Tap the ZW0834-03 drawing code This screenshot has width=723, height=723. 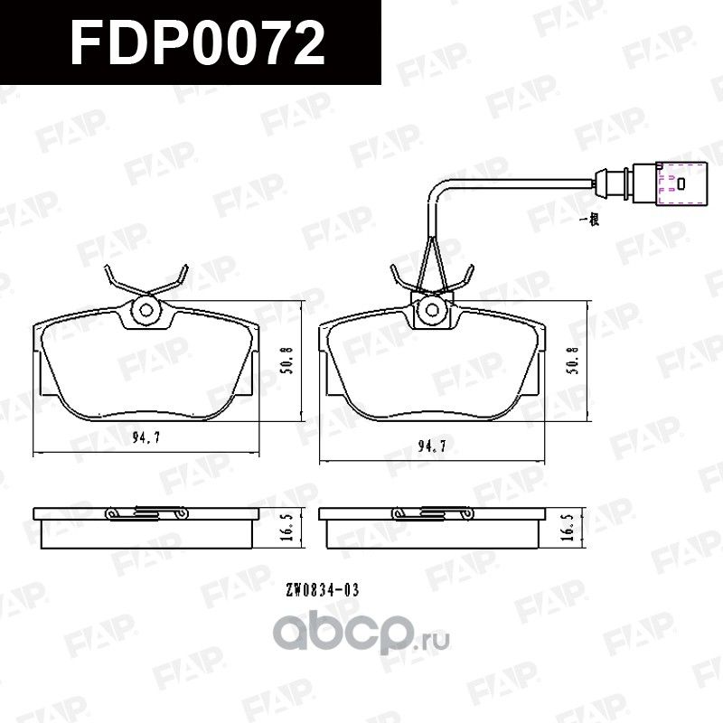click(x=323, y=589)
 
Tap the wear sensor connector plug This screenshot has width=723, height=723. click(x=673, y=182)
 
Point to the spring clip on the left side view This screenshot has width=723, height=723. click(x=146, y=513)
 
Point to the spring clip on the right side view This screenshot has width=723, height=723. click(x=431, y=513)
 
